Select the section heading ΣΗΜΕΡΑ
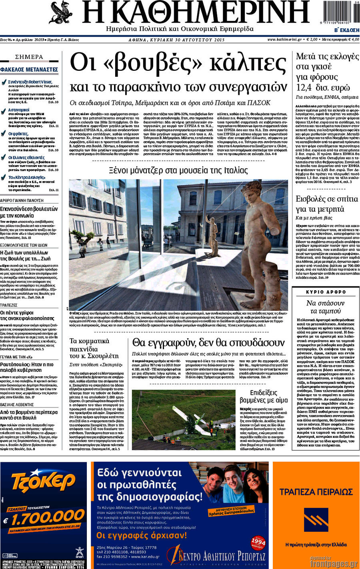coord(29,57)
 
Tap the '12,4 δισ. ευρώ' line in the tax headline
coord(323,88)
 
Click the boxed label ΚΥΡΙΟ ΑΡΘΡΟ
coord(326,292)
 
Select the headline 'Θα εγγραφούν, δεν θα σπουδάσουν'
coord(208,343)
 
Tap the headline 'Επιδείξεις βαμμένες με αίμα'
coord(264,396)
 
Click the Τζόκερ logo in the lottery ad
coord(43,481)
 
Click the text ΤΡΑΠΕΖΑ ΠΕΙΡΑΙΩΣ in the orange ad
coord(316,492)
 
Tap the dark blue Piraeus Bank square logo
coord(316,520)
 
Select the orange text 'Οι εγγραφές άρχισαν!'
coord(142,535)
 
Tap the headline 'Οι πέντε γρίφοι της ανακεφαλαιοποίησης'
coord(27,315)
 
